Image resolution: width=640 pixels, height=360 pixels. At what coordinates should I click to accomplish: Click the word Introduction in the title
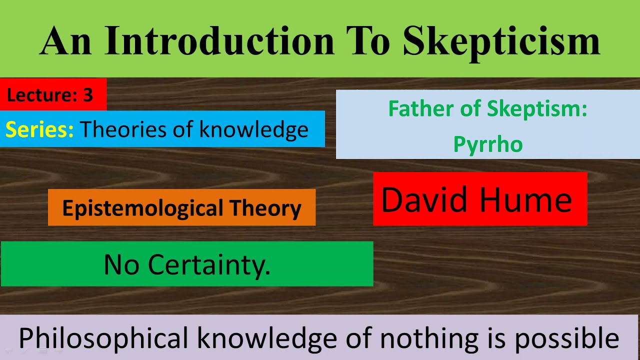point(219,40)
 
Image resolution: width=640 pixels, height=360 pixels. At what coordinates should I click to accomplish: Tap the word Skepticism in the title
point(501,40)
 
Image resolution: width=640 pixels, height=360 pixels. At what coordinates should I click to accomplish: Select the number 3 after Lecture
point(88,95)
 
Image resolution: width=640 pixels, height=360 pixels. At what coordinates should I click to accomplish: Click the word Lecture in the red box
point(40,95)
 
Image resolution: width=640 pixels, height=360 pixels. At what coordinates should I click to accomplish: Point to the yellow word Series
point(39,129)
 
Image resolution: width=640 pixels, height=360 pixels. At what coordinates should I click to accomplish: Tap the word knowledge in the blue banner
point(253,129)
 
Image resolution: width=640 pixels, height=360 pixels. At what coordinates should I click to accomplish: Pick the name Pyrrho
point(488,144)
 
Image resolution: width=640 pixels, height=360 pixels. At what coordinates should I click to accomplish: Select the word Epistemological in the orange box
point(142,208)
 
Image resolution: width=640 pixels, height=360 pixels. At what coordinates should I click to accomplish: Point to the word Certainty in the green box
point(209,265)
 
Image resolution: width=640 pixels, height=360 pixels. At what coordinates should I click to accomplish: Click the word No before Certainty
point(121,265)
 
